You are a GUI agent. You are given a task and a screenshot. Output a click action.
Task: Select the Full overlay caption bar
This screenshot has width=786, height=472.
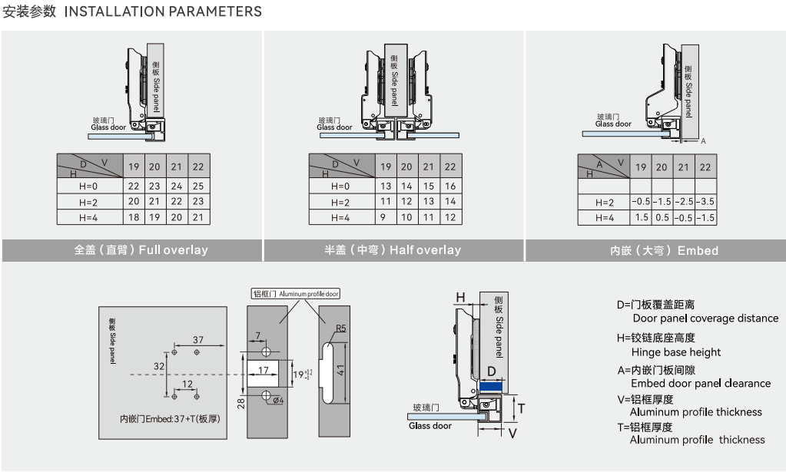coord(132,250)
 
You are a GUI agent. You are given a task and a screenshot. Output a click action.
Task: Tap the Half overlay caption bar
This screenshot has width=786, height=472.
coord(393,250)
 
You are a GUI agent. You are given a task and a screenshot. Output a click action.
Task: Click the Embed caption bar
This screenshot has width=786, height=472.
coord(655,250)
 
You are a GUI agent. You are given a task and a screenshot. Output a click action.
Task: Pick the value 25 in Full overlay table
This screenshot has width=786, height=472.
coord(198,186)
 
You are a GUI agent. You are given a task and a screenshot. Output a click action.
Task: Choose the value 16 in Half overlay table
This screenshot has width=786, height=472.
coord(450,186)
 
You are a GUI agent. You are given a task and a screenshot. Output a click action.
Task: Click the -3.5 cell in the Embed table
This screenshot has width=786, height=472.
coord(705,201)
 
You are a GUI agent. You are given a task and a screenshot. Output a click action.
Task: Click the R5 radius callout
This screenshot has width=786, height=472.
coord(340,328)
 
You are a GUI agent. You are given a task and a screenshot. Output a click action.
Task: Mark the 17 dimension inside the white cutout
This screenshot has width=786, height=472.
coord(264,370)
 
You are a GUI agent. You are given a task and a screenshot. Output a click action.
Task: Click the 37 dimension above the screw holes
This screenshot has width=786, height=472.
coord(198,339)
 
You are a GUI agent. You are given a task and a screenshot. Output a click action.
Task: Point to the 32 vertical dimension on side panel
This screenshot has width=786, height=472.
coord(159,367)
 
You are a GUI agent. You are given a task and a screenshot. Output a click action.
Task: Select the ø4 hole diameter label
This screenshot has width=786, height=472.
coord(278,400)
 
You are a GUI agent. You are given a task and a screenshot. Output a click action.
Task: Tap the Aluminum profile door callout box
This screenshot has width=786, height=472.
coord(296,293)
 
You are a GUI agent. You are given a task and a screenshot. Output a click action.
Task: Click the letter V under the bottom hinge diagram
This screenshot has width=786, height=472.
coord(512,432)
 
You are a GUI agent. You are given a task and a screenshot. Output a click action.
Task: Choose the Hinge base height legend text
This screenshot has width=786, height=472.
coord(675,352)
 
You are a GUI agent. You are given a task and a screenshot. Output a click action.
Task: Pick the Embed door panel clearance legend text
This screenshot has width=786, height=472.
coord(700,383)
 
